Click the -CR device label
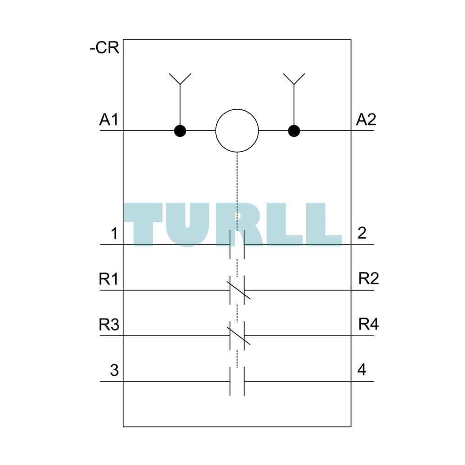(104, 48)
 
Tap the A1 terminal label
(108, 120)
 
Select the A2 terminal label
(366, 120)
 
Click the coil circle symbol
(237, 131)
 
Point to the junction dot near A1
(180, 131)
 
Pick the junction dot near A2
(294, 131)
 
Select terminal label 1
(114, 233)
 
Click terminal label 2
(362, 233)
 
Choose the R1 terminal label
(108, 279)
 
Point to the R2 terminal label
(369, 279)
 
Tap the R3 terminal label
(109, 325)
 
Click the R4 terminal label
(369, 324)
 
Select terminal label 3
(114, 370)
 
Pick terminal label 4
(362, 370)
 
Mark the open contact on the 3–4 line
(237, 381)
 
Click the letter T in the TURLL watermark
(143, 225)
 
